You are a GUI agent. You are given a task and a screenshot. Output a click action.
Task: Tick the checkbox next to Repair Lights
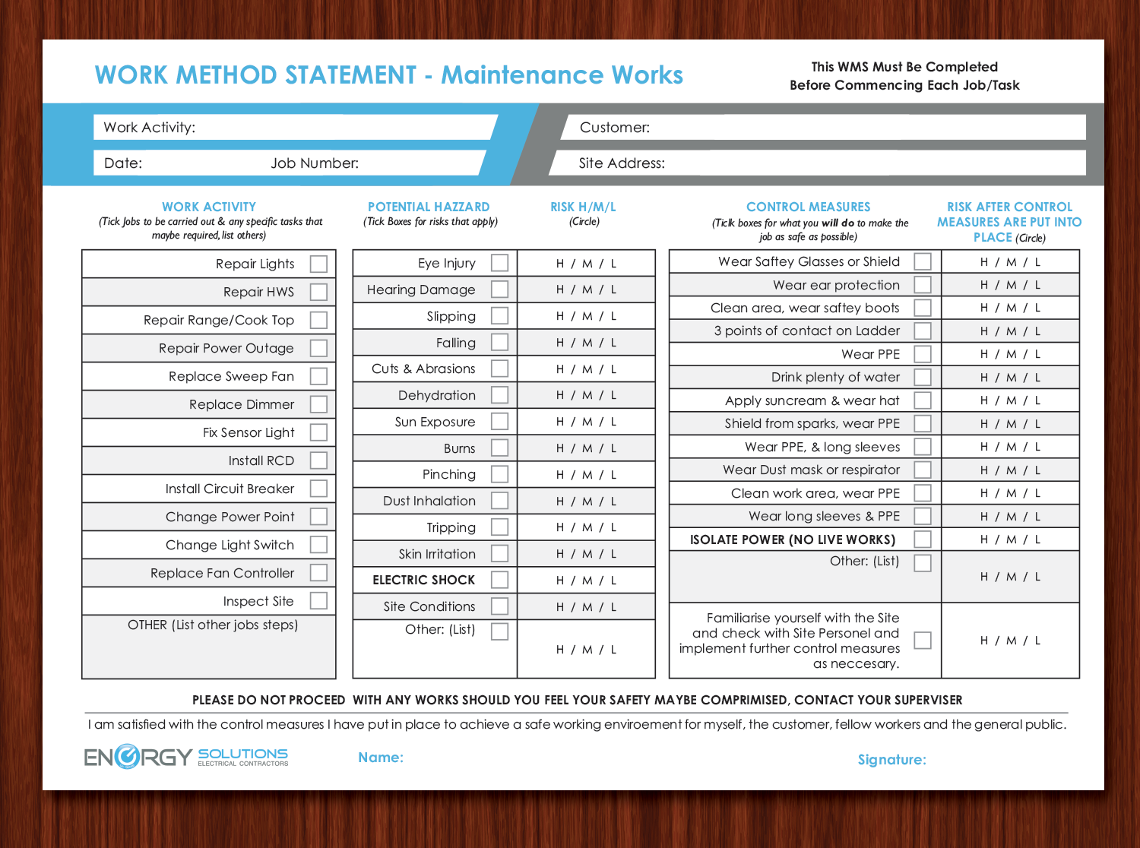318,264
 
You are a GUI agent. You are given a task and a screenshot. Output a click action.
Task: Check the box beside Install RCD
318,460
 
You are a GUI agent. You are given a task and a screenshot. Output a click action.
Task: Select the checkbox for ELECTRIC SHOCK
499,580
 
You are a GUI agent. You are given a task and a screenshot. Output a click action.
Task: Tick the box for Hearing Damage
499,290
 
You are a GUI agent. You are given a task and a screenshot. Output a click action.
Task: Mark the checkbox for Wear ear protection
923,285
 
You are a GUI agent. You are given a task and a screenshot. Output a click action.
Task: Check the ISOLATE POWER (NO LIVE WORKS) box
923,539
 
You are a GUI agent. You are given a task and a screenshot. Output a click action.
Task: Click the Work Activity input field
342,128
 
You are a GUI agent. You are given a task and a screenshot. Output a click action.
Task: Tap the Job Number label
315,163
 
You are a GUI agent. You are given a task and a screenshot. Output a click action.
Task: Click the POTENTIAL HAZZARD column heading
429,207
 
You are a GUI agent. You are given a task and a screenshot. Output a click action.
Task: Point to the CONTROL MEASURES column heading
808,207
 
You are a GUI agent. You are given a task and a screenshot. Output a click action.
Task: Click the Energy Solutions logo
186,757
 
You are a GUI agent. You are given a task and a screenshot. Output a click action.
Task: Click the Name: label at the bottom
381,758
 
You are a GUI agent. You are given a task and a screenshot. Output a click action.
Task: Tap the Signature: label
891,760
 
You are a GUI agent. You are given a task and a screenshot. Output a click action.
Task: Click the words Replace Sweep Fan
231,376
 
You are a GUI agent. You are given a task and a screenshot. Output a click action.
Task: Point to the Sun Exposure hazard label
435,422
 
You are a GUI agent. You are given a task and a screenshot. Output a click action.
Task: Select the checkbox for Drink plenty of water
923,377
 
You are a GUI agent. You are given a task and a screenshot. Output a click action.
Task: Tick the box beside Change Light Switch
318,545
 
